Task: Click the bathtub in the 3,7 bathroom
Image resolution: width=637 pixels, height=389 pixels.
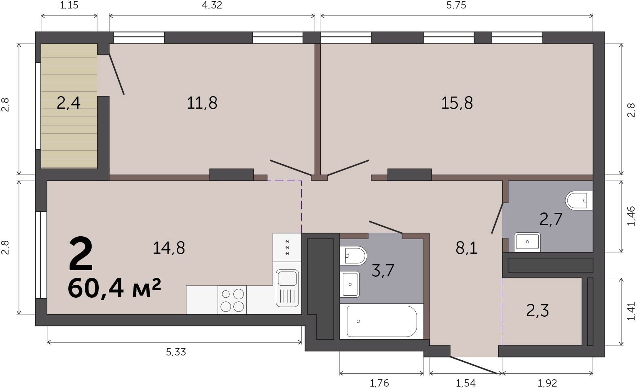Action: coord(382,322)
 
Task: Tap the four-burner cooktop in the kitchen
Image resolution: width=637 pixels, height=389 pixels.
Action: coord(232,300)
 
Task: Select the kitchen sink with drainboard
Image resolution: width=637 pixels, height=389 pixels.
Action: coord(287,288)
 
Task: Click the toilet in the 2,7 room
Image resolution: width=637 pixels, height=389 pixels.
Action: coord(579,200)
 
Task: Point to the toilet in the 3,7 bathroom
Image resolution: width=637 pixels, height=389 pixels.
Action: coord(353,256)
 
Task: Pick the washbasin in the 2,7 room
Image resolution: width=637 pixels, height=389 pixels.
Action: coord(527,242)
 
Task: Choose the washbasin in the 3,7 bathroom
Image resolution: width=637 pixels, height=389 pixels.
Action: coord(349,284)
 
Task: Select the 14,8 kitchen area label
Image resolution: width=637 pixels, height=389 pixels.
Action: coord(169,248)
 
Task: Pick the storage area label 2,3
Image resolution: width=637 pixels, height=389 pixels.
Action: coord(538,311)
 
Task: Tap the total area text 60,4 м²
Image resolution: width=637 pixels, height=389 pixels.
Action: coord(114,288)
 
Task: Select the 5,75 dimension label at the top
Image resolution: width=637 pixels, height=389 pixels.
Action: coord(457,5)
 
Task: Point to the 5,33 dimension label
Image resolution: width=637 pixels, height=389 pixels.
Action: coord(176,352)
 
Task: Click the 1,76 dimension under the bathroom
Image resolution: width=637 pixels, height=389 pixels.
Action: coord(379,383)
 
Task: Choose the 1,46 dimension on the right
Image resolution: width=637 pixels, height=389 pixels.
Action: coord(631,216)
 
